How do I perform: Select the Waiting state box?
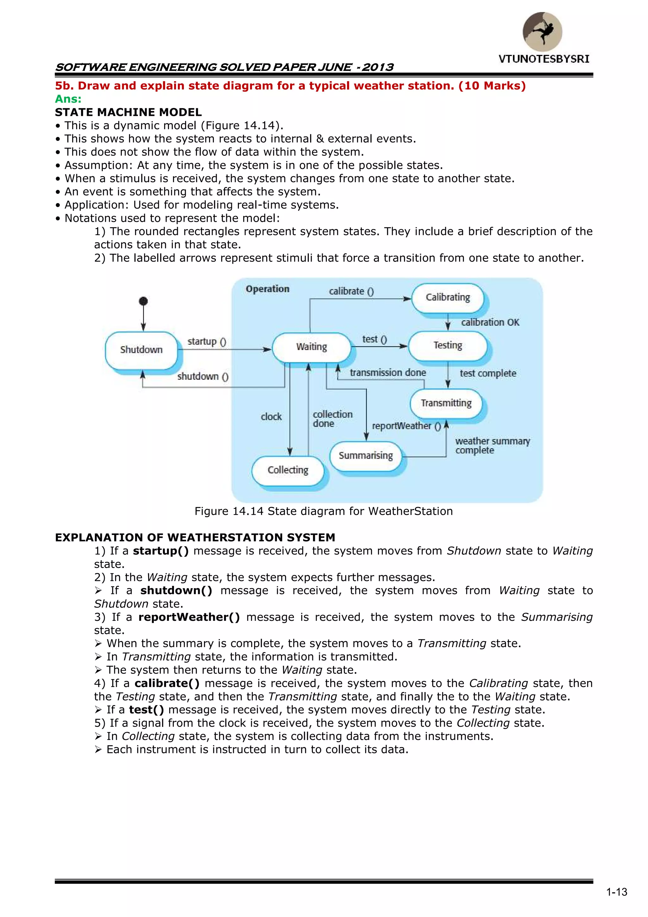[311, 347]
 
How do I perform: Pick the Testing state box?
[448, 346]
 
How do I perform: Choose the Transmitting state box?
[446, 403]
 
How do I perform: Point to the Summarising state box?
[365, 456]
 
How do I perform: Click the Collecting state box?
[288, 470]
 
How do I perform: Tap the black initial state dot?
[143, 301]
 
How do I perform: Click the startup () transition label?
[207, 341]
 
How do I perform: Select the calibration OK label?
[490, 322]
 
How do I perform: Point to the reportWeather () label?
[406, 426]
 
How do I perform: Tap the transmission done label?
[388, 373]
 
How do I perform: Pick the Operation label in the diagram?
[267, 289]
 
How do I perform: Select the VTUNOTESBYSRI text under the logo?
[544, 59]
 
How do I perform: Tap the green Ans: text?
[68, 99]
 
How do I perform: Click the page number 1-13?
[616, 892]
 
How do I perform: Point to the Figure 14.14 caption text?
[323, 511]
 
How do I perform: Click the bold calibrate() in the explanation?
[167, 683]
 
